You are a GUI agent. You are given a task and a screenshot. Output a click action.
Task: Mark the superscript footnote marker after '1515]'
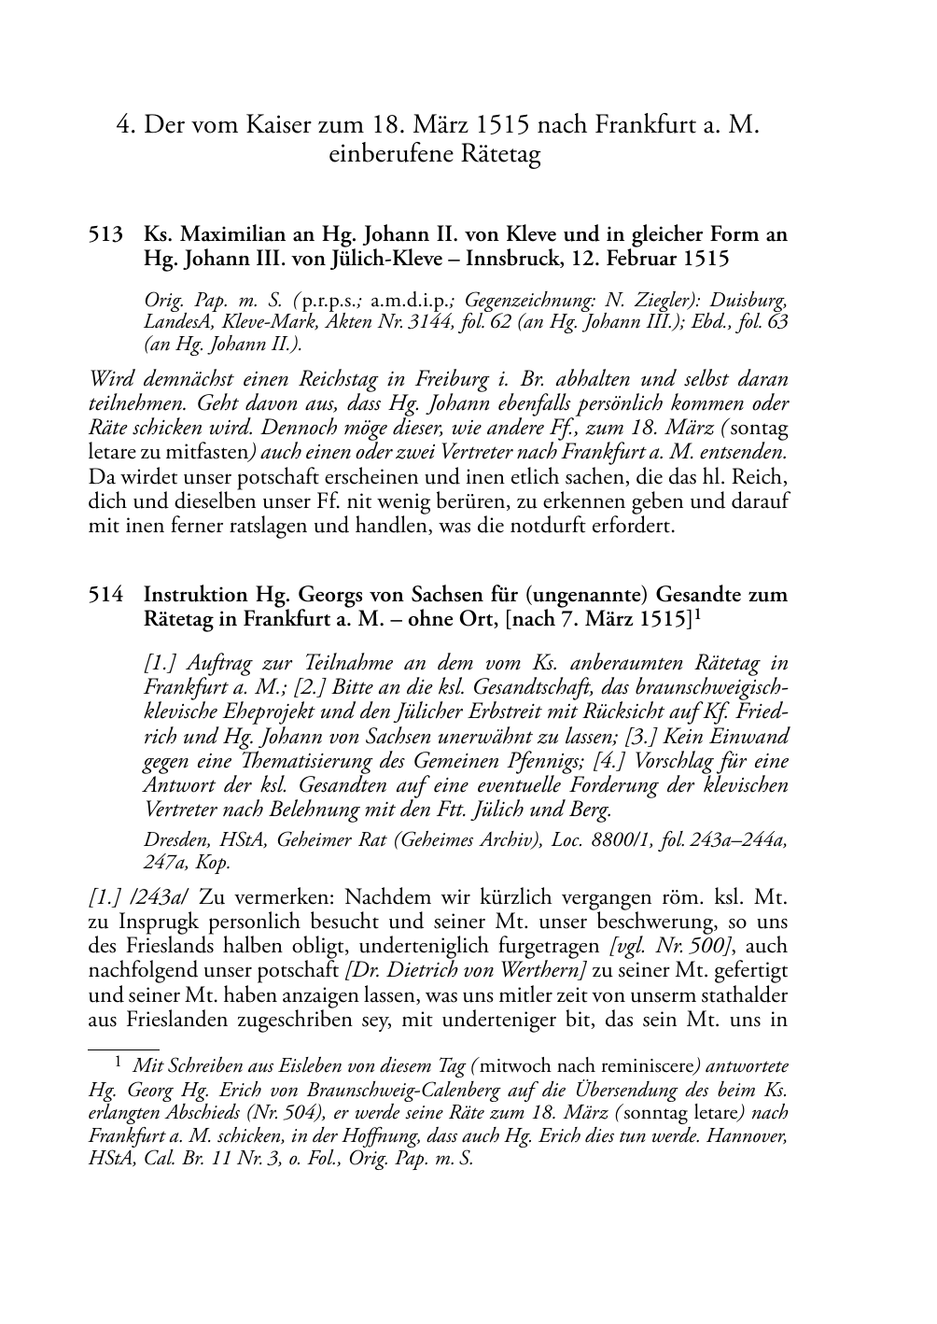click(x=697, y=613)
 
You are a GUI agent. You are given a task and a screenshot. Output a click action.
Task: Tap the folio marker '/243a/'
click(x=138, y=897)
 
